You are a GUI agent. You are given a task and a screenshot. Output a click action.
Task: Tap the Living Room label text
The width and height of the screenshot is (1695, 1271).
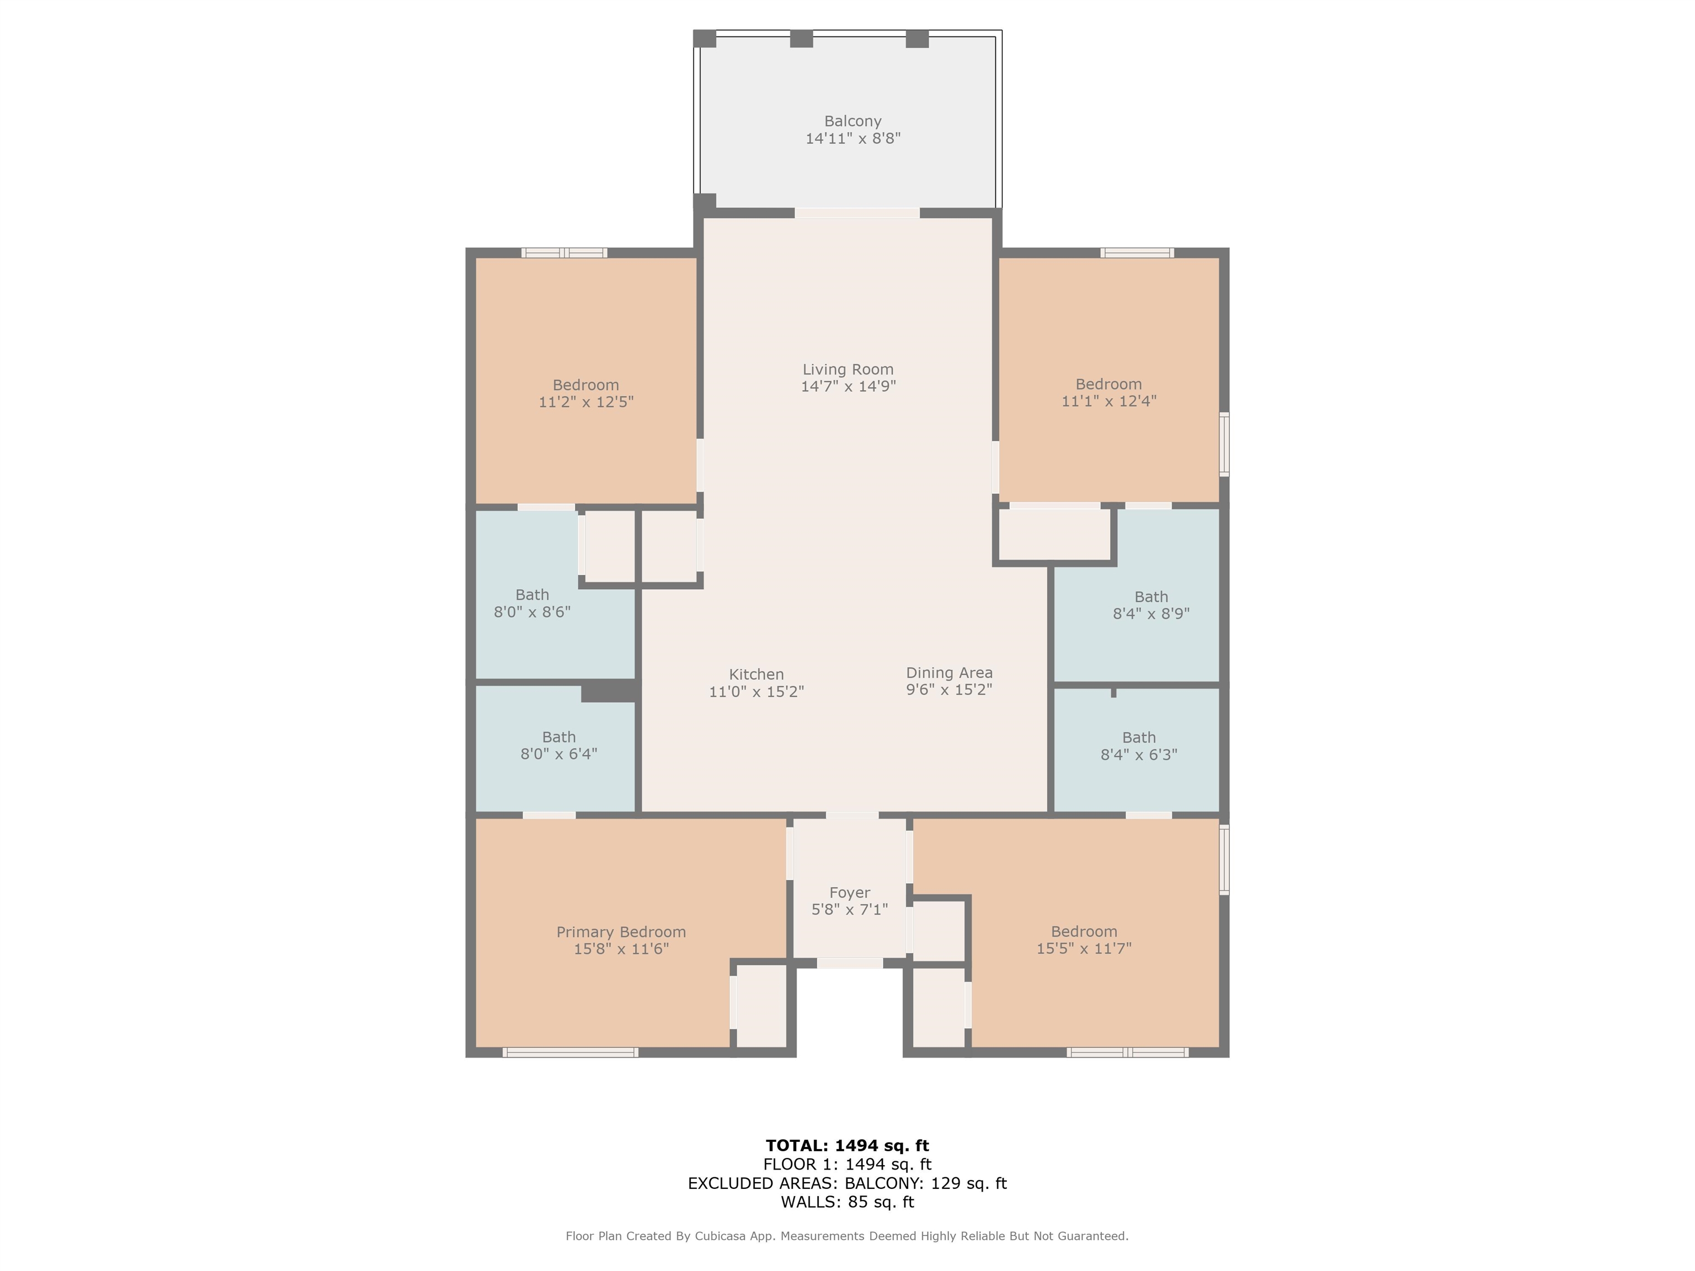[x=847, y=369]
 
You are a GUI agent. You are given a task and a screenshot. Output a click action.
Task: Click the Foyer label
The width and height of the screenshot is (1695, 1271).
[x=849, y=893]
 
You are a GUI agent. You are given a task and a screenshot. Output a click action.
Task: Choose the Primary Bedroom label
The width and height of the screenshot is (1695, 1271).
[x=621, y=932]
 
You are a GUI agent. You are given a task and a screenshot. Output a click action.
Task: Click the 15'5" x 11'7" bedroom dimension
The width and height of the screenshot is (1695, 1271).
[x=1084, y=948]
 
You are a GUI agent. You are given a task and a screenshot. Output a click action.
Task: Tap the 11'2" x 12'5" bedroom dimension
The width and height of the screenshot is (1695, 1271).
[x=585, y=402]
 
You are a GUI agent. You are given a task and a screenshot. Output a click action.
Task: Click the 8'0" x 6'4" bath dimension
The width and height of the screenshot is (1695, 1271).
[x=558, y=754]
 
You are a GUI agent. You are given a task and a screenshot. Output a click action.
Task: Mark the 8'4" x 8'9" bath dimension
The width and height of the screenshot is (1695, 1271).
[x=1151, y=613]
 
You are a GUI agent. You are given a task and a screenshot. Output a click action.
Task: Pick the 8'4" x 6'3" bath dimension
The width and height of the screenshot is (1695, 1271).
[x=1139, y=755]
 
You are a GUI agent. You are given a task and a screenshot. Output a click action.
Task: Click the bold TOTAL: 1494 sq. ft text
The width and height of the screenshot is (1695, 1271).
[x=847, y=1145]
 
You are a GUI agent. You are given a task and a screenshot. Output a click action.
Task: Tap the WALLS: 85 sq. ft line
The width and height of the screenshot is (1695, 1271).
[x=847, y=1202]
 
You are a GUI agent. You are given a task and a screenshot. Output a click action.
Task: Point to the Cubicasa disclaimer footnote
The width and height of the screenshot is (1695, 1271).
[x=847, y=1236]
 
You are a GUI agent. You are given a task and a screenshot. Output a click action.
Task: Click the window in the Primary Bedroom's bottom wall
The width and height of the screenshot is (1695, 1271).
[x=570, y=1053]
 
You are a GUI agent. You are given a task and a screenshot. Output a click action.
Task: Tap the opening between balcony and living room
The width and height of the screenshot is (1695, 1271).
[x=857, y=212]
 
